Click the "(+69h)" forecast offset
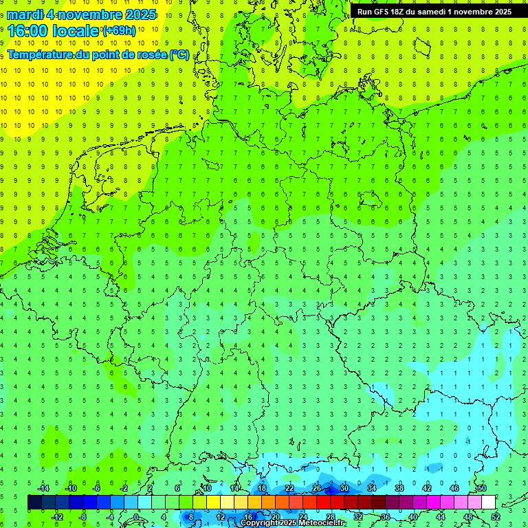tap(119, 30)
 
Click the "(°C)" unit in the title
tap(180, 54)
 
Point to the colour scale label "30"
tap(344, 488)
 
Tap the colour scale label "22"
tap(289, 488)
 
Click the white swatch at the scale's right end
tap(488, 503)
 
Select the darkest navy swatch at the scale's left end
tap(34, 503)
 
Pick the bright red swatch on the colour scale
tap(323, 503)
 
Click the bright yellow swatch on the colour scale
tap(213, 503)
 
